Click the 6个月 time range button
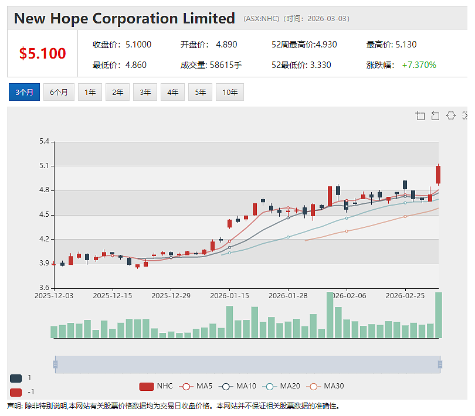click(59, 92)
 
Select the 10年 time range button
click(230, 92)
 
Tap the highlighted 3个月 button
click(24, 92)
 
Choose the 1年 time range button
click(90, 92)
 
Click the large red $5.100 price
click(42, 53)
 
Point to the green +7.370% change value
click(419, 65)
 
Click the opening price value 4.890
click(226, 45)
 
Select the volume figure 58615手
click(226, 65)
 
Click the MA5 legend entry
click(196, 386)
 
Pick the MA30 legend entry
click(325, 386)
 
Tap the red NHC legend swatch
click(147, 387)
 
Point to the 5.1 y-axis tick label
click(44, 166)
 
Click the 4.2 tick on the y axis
click(44, 239)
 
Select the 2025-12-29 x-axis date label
click(171, 296)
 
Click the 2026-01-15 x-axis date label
click(230, 296)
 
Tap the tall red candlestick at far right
click(438, 175)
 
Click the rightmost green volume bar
click(438, 315)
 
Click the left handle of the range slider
click(56, 364)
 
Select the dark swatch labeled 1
click(16, 378)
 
